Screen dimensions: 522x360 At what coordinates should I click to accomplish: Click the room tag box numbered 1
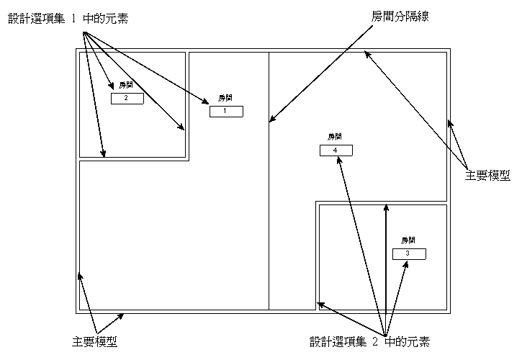tap(226, 111)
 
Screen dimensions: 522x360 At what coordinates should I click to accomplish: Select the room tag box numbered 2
tap(127, 99)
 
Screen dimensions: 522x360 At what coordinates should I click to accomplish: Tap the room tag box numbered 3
tap(409, 254)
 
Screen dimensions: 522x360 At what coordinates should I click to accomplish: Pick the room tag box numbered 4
tap(336, 150)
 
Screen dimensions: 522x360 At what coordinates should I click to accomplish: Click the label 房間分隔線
tap(400, 16)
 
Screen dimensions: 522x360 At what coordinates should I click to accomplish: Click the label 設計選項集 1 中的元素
tap(68, 19)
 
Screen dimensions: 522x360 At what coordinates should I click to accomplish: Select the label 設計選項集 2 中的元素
tap(369, 342)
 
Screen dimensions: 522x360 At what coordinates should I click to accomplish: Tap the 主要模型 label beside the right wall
tap(487, 176)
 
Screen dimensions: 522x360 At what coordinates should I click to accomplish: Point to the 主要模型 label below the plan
tap(95, 342)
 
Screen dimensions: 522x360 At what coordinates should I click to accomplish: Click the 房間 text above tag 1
tap(225, 98)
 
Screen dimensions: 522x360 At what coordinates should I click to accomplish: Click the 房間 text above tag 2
tap(126, 85)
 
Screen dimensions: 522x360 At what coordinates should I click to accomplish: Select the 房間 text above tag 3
tap(408, 240)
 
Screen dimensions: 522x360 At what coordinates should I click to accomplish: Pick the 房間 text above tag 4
tap(335, 137)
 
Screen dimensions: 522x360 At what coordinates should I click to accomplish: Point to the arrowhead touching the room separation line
tap(273, 118)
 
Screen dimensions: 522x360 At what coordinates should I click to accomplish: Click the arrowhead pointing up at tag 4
tap(339, 161)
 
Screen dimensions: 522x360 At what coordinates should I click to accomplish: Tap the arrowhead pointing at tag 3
tap(405, 264)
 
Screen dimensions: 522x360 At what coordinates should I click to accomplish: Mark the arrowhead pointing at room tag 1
tap(205, 101)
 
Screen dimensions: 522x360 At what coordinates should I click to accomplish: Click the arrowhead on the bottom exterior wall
tap(120, 316)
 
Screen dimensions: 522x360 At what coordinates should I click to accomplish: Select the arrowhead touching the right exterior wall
tap(451, 124)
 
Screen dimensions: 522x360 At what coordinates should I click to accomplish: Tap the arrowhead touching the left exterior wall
tap(80, 276)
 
